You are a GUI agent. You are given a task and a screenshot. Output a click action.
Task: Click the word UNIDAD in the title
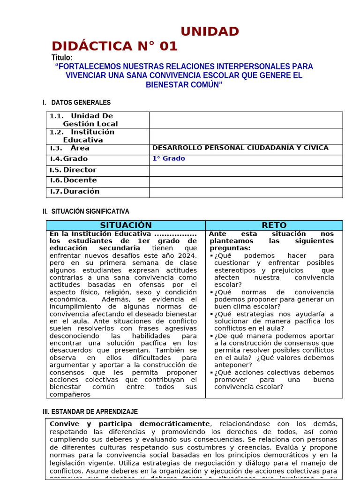[210, 31]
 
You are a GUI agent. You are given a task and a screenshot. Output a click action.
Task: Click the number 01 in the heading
[168, 46]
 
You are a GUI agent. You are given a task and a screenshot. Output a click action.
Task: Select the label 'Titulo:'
[62, 58]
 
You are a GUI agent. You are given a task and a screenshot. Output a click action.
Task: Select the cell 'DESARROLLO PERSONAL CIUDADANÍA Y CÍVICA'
[240, 148]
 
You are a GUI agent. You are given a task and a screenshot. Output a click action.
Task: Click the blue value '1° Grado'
[168, 159]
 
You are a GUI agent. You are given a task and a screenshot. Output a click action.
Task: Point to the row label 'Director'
[80, 170]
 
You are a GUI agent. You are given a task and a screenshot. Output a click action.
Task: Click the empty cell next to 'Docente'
[246, 181]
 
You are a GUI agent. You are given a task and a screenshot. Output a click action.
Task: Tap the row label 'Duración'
[81, 191]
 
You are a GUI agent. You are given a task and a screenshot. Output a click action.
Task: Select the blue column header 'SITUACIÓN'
[126, 225]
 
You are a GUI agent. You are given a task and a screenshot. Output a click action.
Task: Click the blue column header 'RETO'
[274, 225]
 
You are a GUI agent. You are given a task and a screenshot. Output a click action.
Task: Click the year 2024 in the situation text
[187, 255]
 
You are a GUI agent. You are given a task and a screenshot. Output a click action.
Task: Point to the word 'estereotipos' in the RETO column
[236, 270]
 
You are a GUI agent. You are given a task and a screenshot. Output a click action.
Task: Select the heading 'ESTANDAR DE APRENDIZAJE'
[94, 412]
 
